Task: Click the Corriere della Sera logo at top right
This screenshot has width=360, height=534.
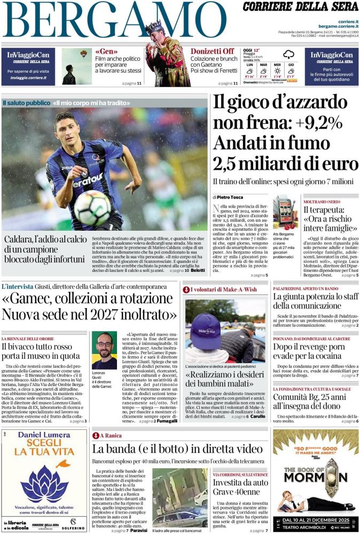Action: coord(300,7)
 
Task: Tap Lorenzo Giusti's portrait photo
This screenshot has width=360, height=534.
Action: coord(104,350)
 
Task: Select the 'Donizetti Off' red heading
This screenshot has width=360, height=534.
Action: coord(212,51)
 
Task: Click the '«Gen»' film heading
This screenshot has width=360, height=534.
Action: coord(105,51)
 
